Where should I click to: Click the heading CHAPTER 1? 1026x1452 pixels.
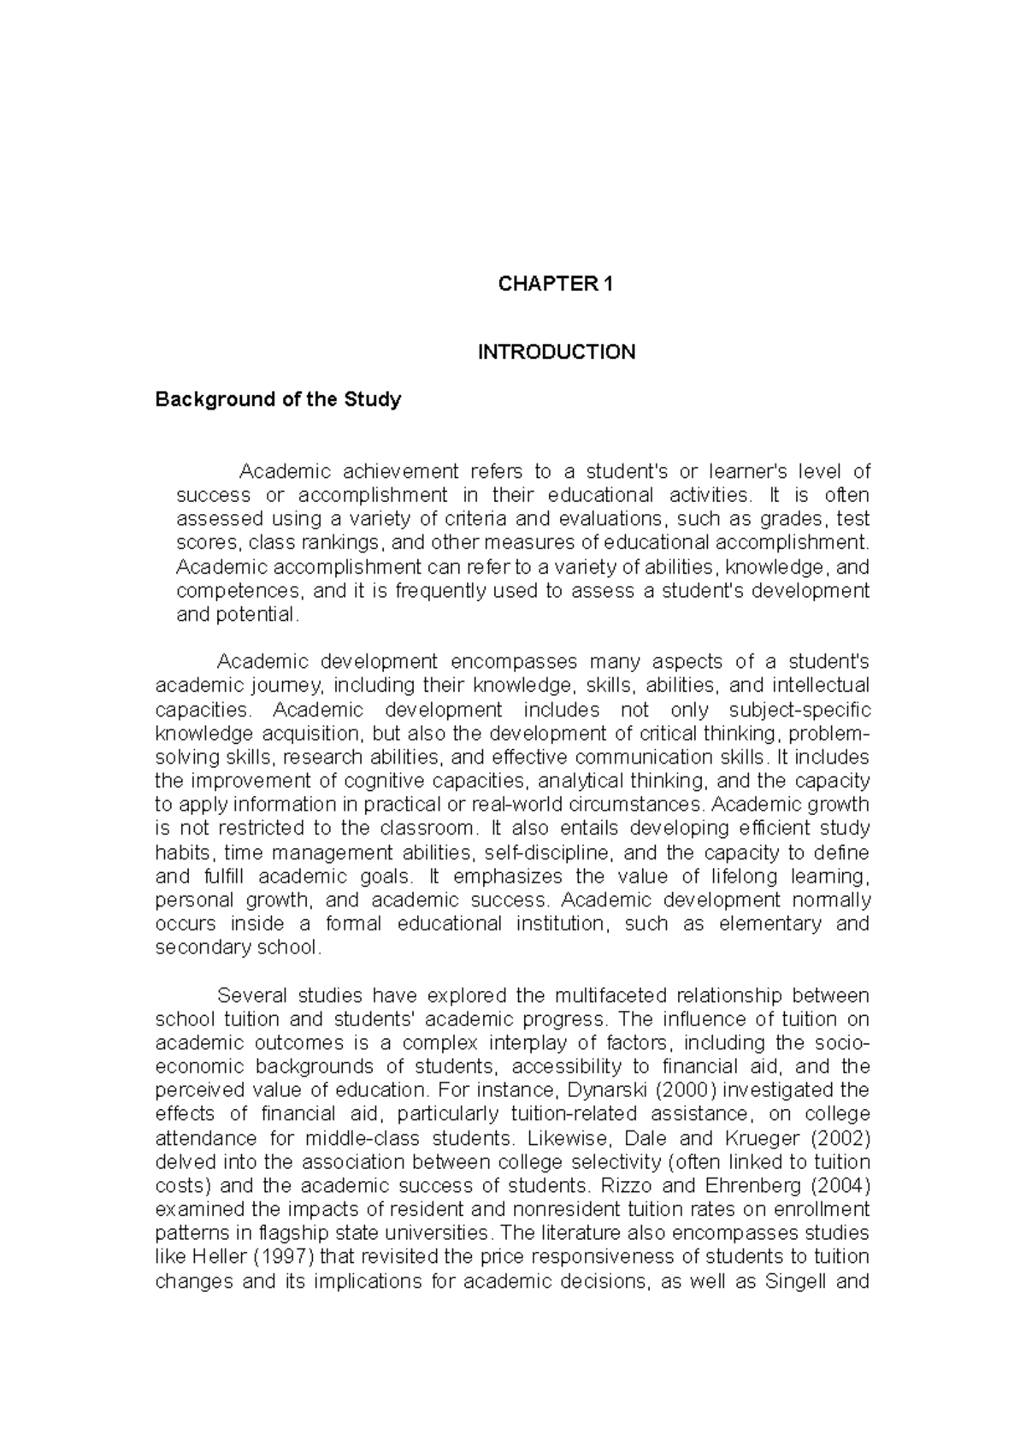(x=556, y=285)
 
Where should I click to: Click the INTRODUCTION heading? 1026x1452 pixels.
(x=556, y=352)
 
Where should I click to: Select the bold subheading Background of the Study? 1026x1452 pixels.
(x=278, y=399)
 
